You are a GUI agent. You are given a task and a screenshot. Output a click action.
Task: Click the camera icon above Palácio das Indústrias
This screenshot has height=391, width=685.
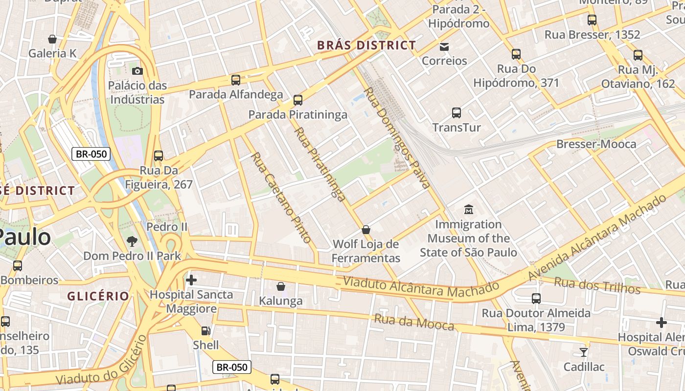tap(137, 71)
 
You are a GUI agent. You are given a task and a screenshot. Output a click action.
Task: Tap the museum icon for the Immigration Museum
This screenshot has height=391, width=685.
tap(468, 210)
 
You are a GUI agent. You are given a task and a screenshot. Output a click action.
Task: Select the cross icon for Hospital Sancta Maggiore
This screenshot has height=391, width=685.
tap(191, 280)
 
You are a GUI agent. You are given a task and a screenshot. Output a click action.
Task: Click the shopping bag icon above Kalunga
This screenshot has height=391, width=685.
tap(281, 286)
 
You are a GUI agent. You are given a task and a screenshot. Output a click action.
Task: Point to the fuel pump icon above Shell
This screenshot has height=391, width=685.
tap(206, 331)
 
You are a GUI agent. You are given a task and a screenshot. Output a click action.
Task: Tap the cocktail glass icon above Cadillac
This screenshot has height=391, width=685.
tap(583, 352)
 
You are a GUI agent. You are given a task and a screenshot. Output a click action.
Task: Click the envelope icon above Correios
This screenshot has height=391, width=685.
tap(444, 47)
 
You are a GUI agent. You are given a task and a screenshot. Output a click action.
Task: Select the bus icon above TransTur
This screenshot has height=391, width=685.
tap(457, 113)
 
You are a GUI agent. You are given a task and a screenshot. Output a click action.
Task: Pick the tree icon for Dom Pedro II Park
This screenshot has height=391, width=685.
tap(132, 241)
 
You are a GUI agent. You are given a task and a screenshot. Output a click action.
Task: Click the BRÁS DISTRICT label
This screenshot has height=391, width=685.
tap(366, 45)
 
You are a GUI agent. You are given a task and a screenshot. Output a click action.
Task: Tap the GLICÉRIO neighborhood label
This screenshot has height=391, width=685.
tap(98, 296)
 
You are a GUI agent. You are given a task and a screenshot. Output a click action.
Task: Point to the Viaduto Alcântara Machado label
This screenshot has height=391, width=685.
tap(421, 287)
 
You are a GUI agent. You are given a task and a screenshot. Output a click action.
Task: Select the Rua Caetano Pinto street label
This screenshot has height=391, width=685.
tap(281, 197)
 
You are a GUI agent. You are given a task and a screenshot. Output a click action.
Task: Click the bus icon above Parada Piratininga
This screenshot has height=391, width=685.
tap(297, 100)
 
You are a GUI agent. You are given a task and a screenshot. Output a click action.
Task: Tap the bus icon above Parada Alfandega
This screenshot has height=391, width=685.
tap(236, 80)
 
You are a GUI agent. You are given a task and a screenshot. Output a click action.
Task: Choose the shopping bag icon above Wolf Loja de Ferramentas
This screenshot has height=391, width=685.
tap(366, 230)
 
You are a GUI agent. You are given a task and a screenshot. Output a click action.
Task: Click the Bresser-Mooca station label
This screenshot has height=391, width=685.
tap(596, 144)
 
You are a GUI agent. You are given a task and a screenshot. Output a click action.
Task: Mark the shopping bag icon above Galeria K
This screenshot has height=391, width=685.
tap(52, 39)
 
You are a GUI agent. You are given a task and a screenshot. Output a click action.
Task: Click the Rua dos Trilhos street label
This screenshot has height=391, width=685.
tap(597, 285)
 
